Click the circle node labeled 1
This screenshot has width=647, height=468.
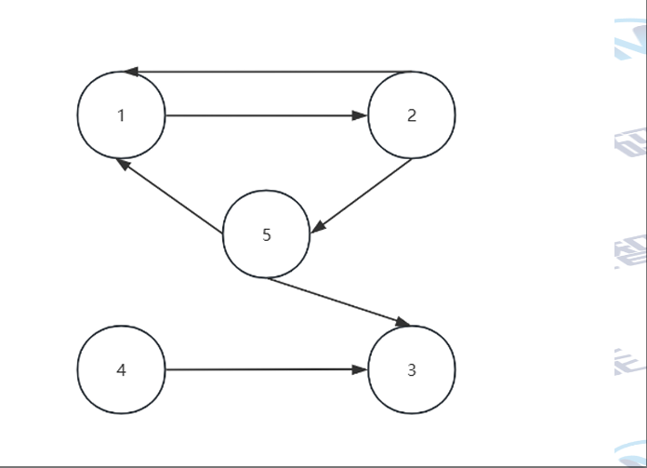coord(121,115)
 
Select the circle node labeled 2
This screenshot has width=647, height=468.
coord(412,115)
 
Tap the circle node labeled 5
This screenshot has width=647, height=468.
coord(266,234)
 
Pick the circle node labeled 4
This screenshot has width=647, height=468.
coord(121,369)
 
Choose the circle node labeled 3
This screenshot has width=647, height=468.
coord(412,369)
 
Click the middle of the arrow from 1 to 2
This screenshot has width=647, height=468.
coord(265,116)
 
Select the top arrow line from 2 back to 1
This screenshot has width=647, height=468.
coord(270,72)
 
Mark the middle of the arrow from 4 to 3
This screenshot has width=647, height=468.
coord(265,369)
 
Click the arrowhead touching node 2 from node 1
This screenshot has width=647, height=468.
coord(360,116)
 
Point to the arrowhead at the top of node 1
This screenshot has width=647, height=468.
coord(130,72)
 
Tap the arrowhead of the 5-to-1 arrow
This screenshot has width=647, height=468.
coord(122,163)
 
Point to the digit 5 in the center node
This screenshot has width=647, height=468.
coord(266,234)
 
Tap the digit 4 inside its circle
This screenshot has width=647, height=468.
coord(121,369)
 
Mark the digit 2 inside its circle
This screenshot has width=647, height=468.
coord(412,115)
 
